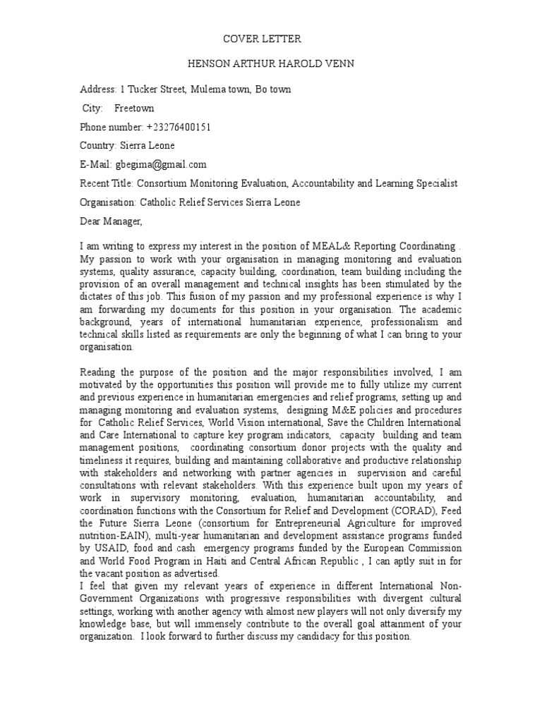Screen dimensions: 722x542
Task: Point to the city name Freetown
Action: tap(134, 109)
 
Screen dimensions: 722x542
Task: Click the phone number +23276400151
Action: tap(179, 127)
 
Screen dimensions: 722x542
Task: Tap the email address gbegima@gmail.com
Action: tap(161, 164)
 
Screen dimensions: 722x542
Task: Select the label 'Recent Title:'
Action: tap(106, 183)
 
